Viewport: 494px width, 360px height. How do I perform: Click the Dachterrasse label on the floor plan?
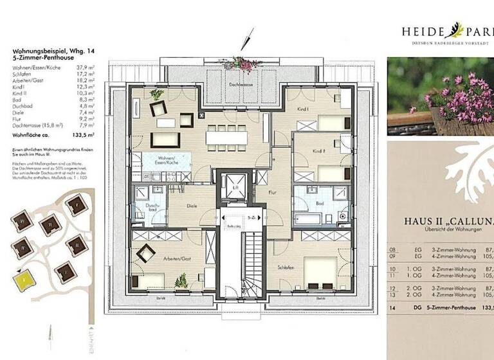pyautogui.click(x=239, y=84)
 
